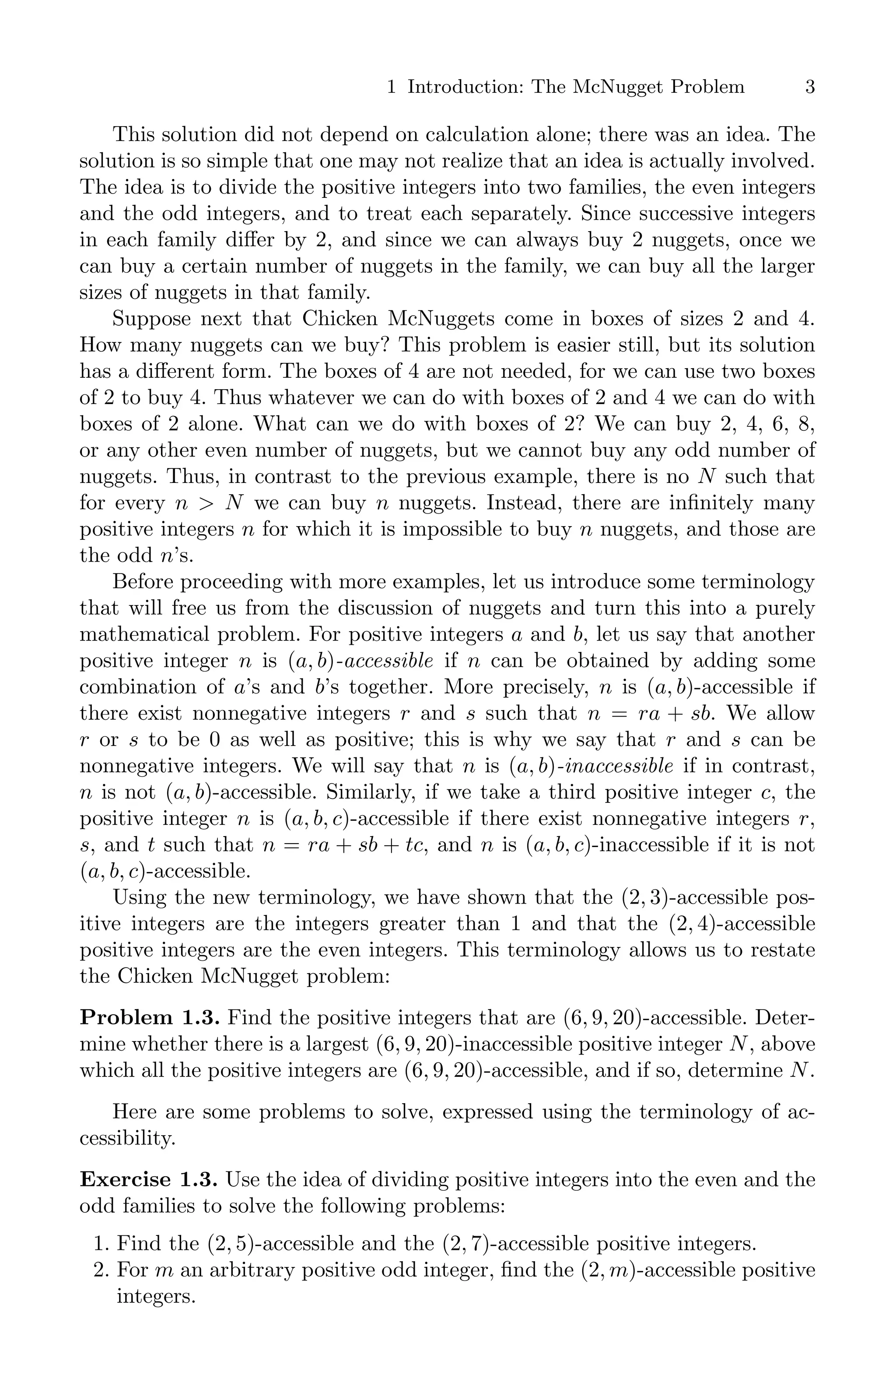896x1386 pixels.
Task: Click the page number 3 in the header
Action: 809,87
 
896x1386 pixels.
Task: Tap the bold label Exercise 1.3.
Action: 148,1179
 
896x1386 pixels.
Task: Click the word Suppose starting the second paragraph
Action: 150,319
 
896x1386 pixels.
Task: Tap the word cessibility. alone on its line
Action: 127,1138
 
